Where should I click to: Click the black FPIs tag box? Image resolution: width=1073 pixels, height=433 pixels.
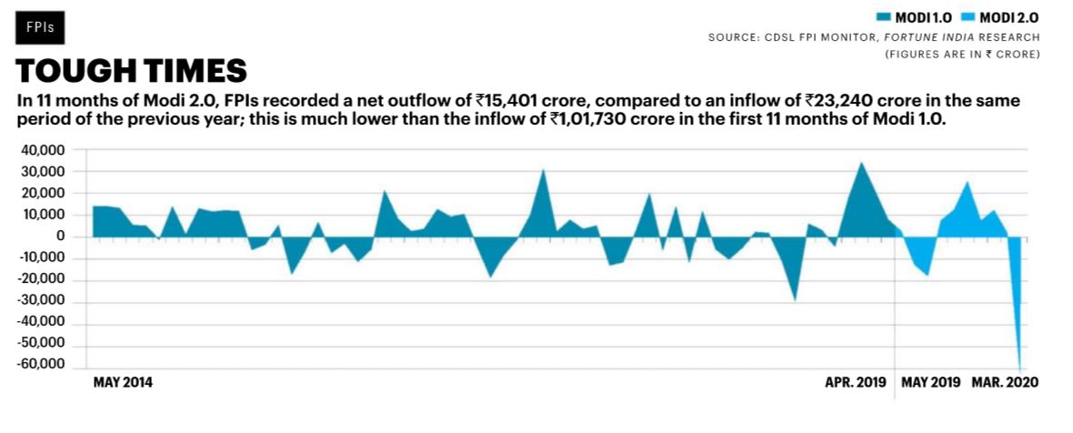(40, 26)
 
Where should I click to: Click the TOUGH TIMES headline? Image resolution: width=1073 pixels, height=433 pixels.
(132, 71)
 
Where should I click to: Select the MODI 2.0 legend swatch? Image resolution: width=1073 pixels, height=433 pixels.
(962, 16)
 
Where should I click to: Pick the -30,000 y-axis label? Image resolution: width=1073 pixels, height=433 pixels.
(45, 301)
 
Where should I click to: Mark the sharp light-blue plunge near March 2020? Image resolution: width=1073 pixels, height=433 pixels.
(1018, 346)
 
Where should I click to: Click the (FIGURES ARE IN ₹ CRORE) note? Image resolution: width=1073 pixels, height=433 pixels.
(962, 55)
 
